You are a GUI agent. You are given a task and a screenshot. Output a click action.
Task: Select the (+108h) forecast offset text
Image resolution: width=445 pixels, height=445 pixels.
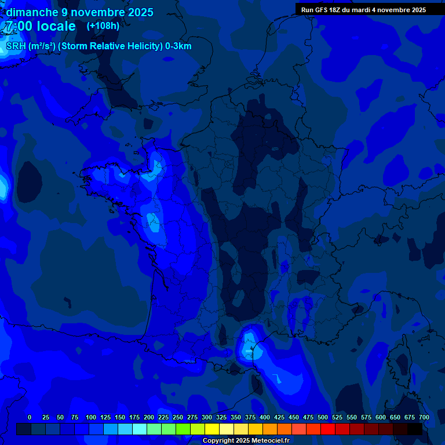pos(103,26)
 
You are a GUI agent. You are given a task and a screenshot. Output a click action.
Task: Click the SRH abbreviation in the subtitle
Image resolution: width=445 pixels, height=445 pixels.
pos(16,46)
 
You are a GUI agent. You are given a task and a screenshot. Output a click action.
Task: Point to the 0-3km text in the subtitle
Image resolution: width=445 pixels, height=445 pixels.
pos(178,46)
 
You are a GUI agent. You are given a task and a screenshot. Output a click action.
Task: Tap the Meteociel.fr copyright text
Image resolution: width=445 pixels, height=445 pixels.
pos(246,440)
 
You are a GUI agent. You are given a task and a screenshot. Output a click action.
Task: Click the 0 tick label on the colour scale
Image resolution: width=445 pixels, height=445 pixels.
pos(30,417)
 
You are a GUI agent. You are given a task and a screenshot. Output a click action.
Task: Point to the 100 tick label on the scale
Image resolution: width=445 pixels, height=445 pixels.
pos(91,417)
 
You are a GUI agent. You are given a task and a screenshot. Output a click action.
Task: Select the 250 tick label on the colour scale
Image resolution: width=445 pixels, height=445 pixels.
pos(178,417)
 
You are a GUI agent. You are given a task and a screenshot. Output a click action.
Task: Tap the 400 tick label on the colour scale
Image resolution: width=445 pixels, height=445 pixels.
pos(265,417)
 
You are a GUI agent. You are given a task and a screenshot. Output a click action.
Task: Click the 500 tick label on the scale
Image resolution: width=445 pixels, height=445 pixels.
pos(323,417)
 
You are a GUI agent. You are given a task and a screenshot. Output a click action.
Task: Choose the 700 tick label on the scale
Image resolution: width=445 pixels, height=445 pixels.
pos(424,417)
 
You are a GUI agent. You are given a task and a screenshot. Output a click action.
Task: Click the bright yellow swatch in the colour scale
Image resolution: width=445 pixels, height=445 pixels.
pos(212,429)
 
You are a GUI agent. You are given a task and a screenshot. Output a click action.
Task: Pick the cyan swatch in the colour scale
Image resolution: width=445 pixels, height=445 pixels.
pos(140,429)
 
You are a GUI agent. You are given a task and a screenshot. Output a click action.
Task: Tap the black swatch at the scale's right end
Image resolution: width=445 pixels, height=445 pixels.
pos(415,429)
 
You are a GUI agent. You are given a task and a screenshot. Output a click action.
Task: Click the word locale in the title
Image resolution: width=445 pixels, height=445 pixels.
pos(55,27)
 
